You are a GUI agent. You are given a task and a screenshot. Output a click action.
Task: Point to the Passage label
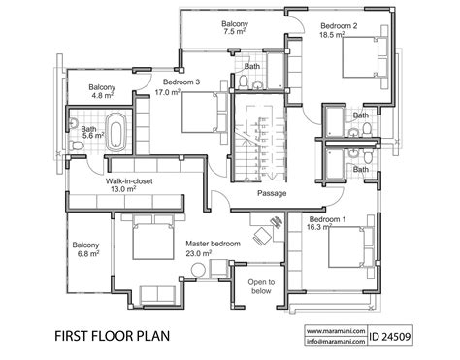[272, 192]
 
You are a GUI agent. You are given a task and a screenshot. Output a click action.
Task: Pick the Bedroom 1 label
[325, 220]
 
